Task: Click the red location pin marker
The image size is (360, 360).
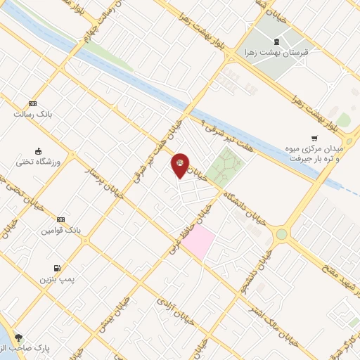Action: (181, 165)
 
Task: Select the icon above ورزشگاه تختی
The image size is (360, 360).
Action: (38, 150)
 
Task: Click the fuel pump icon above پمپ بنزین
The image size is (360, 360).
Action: (56, 268)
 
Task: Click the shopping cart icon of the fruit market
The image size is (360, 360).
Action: (314, 139)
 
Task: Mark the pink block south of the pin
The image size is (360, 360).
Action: (198, 241)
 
